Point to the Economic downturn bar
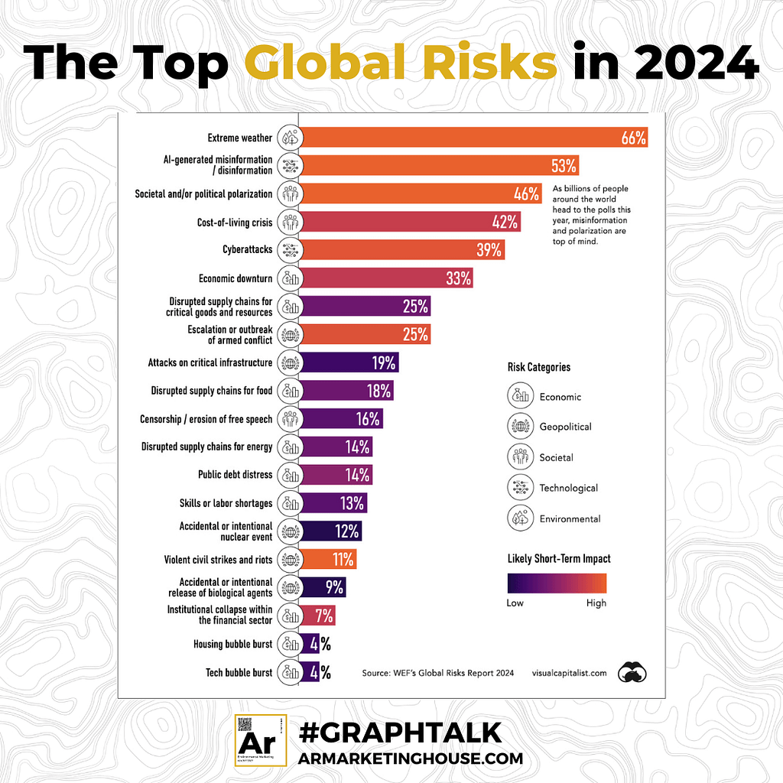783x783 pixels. [x=385, y=278]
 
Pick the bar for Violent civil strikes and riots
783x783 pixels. [x=327, y=559]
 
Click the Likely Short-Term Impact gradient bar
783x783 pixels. [x=557, y=583]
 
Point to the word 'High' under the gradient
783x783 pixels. [x=596, y=603]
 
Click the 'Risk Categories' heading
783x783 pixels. [x=538, y=367]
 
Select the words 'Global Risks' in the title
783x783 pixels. [x=404, y=63]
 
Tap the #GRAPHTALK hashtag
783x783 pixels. [x=400, y=733]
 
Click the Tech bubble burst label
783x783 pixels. [x=239, y=672]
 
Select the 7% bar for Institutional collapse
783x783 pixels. [x=317, y=615]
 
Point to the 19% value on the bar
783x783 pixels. [x=383, y=362]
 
